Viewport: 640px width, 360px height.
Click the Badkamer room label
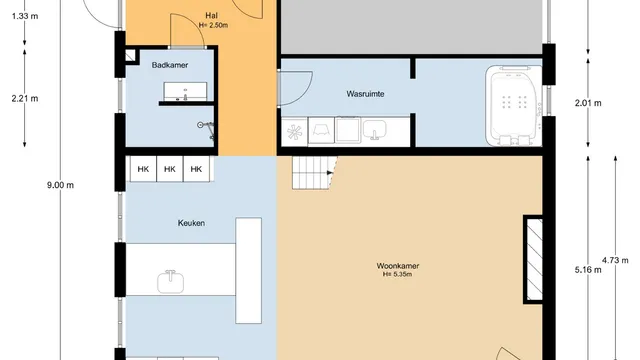point(170,65)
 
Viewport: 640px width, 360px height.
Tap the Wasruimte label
point(365,94)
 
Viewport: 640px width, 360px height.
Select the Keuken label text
point(191,223)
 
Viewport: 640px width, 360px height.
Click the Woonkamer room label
point(398,266)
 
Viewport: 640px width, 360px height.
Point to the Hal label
point(211,16)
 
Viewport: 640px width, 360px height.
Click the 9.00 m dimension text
point(60,185)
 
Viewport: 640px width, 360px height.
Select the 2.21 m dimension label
point(25,98)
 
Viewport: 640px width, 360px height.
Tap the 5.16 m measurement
point(588,270)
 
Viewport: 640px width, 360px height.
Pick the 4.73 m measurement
point(615,260)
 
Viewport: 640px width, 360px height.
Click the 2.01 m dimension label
point(588,103)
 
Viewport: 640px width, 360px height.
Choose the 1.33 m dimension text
point(25,16)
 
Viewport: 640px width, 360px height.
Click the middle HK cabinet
point(170,169)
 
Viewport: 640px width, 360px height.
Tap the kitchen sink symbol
point(171,282)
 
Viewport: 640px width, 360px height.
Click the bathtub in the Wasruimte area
point(514,105)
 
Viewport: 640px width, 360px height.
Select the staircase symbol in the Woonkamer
point(315,173)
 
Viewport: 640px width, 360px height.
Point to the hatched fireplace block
point(534,260)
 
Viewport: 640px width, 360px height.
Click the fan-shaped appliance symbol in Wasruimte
point(294,132)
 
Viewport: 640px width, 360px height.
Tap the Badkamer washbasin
point(185,91)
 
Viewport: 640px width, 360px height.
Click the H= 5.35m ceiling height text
point(397,275)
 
